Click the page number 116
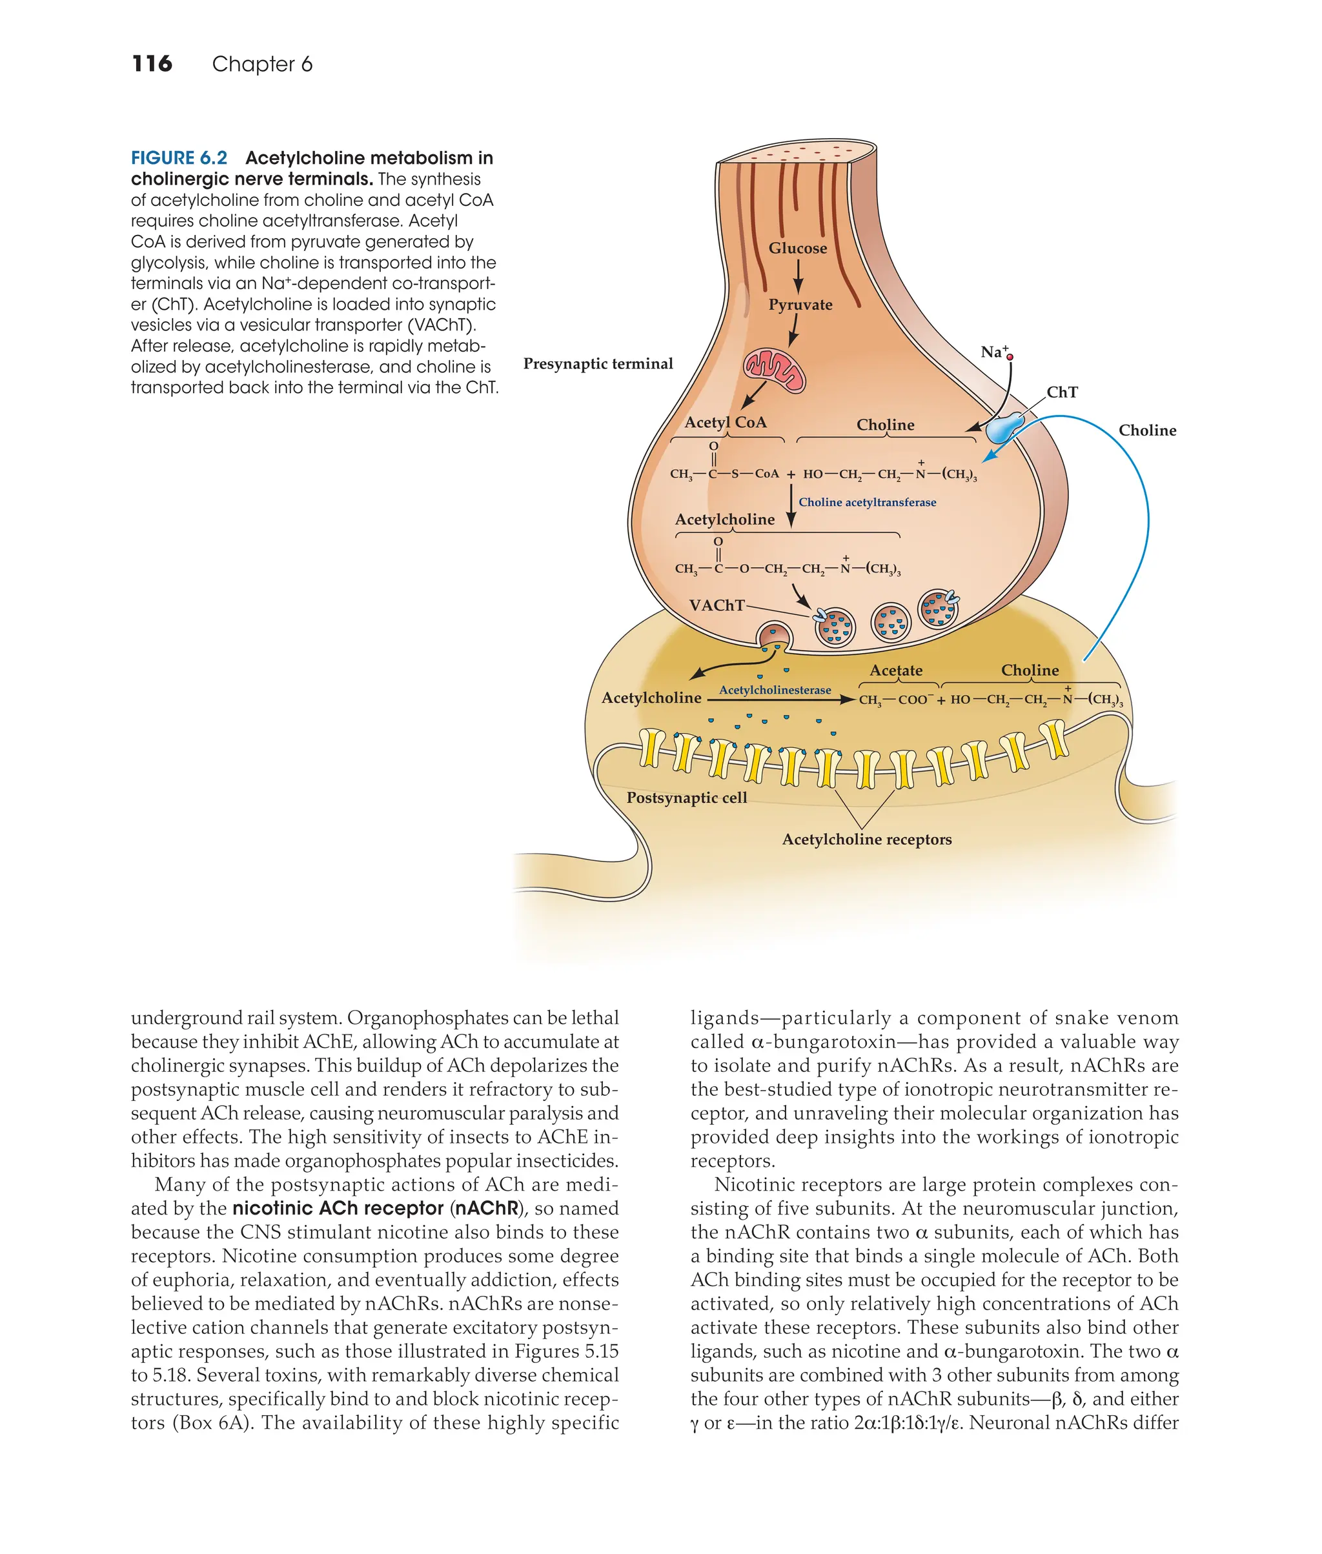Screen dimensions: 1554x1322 (152, 64)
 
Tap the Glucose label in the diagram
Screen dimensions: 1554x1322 (797, 248)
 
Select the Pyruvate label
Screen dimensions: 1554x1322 (800, 304)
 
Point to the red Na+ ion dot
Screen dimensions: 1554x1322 (1010, 358)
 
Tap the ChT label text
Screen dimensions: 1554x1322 (1062, 392)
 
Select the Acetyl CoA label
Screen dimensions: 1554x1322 (726, 422)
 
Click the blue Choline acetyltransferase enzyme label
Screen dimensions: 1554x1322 (867, 502)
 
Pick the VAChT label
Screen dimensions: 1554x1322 (717, 605)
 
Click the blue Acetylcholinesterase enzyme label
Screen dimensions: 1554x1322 (775, 689)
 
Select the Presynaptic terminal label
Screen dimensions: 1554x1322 (598, 363)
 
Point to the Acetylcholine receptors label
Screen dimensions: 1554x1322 (866, 839)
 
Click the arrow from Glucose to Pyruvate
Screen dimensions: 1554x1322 (798, 276)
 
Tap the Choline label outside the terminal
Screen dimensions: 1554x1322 (1146, 430)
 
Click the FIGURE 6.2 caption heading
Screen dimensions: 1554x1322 (179, 158)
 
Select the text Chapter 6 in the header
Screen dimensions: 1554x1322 (261, 64)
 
